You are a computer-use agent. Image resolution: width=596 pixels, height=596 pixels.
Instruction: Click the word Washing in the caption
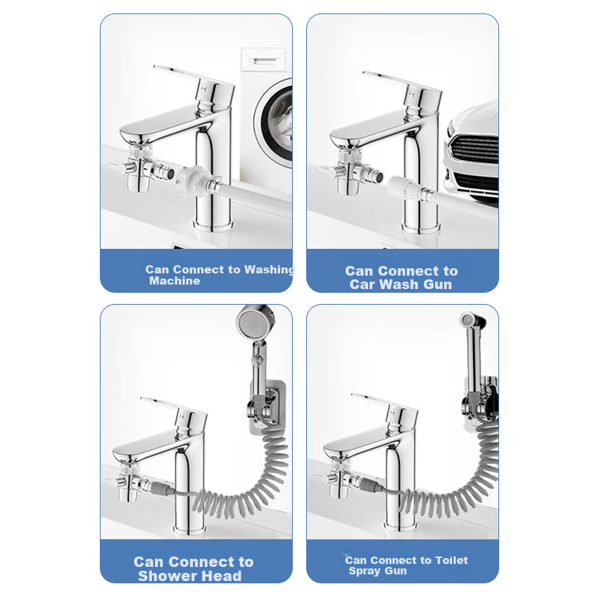tap(269, 270)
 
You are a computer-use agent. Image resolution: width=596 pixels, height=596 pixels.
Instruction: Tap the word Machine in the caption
tap(174, 281)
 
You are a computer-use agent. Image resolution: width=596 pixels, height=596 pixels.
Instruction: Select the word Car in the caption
tap(362, 285)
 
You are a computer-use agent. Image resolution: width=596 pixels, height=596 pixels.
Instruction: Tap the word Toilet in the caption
tap(451, 560)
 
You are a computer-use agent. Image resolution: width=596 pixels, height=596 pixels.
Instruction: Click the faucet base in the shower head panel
tap(191, 527)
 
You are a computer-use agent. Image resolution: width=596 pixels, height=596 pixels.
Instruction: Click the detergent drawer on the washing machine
tap(263, 60)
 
